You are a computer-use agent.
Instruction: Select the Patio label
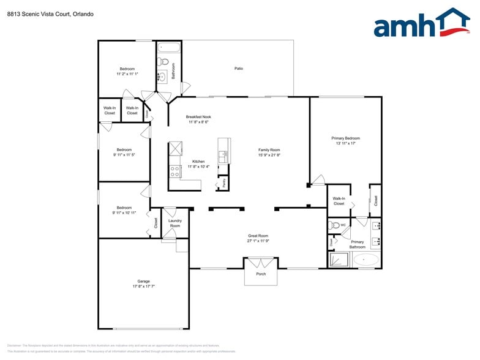tap(239, 69)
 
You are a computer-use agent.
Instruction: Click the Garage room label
tap(143, 281)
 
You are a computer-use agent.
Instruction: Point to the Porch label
tap(261, 274)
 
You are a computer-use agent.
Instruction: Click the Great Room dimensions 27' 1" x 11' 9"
tap(258, 241)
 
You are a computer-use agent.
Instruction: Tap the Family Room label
tap(269, 150)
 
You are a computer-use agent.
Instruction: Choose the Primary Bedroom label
tap(345, 138)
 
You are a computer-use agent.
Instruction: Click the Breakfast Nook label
tap(198, 116)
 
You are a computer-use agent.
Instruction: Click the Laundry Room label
tap(175, 223)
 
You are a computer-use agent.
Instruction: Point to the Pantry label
tap(225, 182)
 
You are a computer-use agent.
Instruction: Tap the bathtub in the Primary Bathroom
tap(366, 260)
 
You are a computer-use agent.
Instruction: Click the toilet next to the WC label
tap(334, 225)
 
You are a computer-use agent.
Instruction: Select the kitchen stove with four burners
tap(174, 171)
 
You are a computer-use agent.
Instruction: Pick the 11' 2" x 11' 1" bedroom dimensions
tap(127, 74)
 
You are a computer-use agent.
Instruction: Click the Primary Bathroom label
tap(357, 244)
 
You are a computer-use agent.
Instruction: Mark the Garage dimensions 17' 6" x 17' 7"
tap(143, 287)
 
